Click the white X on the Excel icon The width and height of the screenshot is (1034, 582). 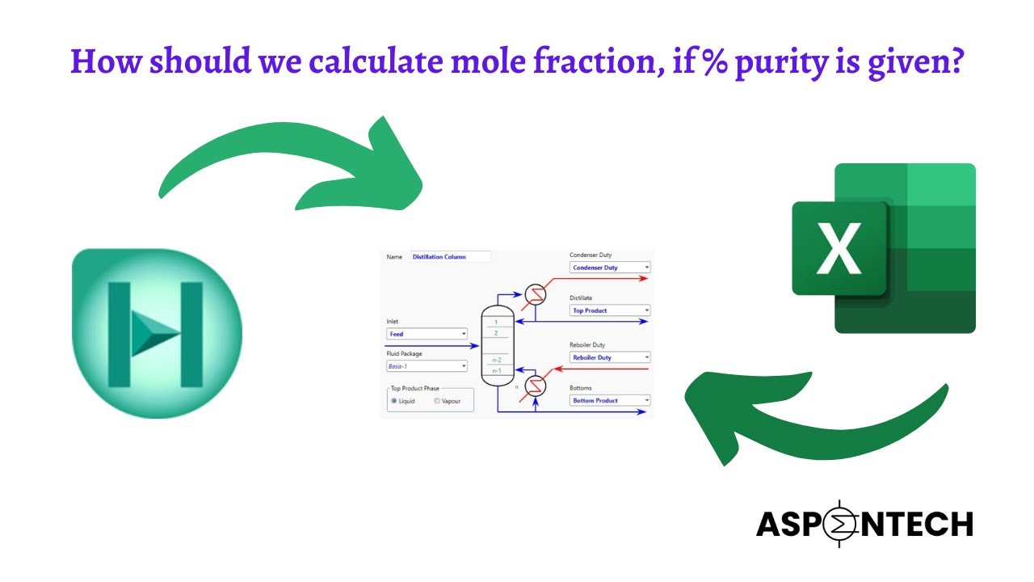tap(839, 249)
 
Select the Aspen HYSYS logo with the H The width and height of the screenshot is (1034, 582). tap(157, 334)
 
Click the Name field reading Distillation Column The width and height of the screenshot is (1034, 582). tap(450, 257)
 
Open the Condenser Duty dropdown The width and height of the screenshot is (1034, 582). tap(610, 268)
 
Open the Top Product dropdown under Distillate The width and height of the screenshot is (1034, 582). tap(610, 310)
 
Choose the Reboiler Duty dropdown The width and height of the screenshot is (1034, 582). tap(610, 357)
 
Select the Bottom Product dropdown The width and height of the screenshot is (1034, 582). tap(610, 400)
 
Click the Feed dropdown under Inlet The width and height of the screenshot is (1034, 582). tap(427, 334)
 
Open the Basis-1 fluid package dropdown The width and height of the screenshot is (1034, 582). tap(427, 366)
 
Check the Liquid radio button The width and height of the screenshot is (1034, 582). tap(394, 401)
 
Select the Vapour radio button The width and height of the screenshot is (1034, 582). tap(437, 401)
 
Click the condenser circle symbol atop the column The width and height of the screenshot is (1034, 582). tap(534, 295)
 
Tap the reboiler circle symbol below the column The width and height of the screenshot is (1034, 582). tap(534, 386)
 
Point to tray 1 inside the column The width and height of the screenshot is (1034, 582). tap(496, 323)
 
